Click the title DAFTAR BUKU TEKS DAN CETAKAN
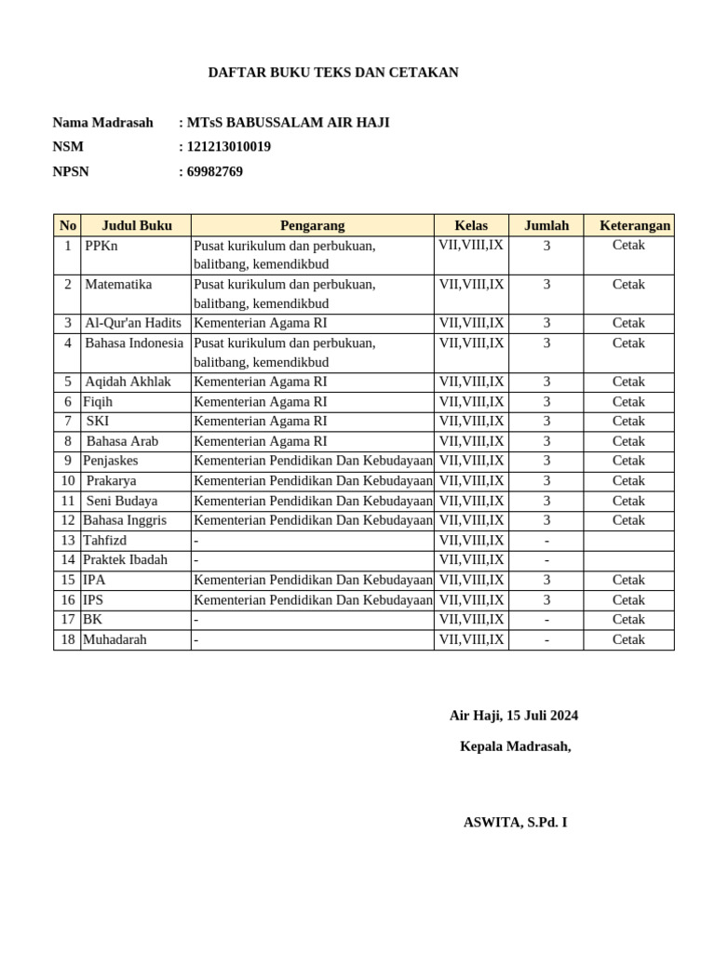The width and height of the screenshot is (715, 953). [x=332, y=73]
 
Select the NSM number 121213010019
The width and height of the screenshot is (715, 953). [x=228, y=147]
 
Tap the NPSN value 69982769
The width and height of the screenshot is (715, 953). [x=214, y=171]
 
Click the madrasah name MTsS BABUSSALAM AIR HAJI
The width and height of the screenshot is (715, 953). [x=288, y=123]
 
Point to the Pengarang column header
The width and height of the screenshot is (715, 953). [x=312, y=225]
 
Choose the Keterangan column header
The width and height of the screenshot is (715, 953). [x=634, y=225]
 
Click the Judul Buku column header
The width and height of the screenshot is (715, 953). [x=136, y=225]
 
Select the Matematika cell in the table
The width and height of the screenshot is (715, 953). [x=118, y=285]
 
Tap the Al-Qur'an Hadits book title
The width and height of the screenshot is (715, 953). [x=133, y=323]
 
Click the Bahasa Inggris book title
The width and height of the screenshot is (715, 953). [x=125, y=520]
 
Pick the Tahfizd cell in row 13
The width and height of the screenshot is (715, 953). [x=104, y=541]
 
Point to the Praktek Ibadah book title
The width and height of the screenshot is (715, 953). [x=125, y=560]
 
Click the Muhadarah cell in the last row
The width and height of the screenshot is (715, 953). [x=115, y=640]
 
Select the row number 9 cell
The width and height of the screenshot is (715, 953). [x=67, y=461]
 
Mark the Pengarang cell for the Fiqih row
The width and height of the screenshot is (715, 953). [x=261, y=402]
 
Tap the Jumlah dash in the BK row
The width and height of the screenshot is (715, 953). [x=546, y=620]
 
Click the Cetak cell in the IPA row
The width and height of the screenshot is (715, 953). [x=628, y=580]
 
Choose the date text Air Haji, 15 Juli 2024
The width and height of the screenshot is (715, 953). [x=513, y=716]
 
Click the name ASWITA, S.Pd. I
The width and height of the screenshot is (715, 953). [x=515, y=823]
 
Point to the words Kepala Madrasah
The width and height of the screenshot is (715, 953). [x=515, y=746]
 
